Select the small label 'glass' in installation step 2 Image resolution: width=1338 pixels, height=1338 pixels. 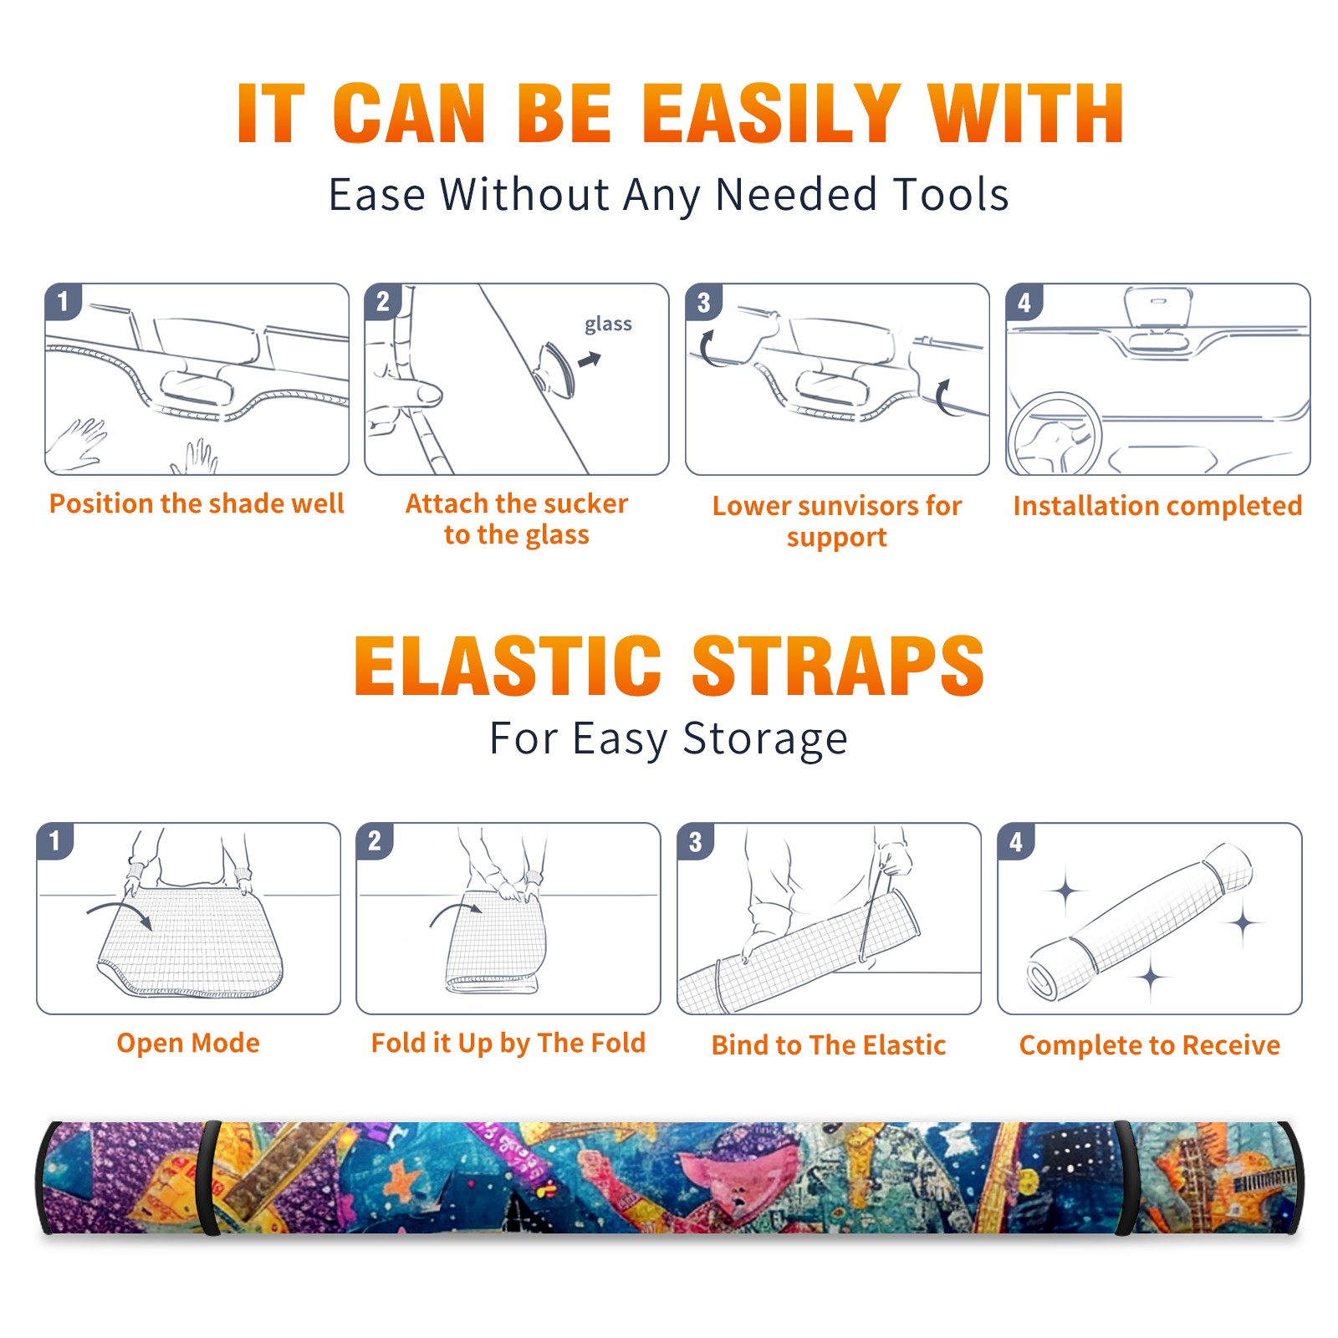point(608,324)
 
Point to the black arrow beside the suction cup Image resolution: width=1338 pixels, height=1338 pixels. point(590,360)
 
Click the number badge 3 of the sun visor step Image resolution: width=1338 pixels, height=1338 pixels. point(703,302)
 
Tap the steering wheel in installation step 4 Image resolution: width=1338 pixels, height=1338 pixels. point(1055,435)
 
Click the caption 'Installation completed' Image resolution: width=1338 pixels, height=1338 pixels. point(1157,505)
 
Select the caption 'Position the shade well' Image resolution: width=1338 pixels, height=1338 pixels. point(197,503)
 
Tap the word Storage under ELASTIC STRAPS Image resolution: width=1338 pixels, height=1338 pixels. point(765,739)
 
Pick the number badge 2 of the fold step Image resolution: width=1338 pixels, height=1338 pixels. point(375,840)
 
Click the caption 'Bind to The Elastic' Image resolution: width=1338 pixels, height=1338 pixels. point(829,1044)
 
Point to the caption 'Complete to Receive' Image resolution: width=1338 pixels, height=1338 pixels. point(1150,1044)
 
